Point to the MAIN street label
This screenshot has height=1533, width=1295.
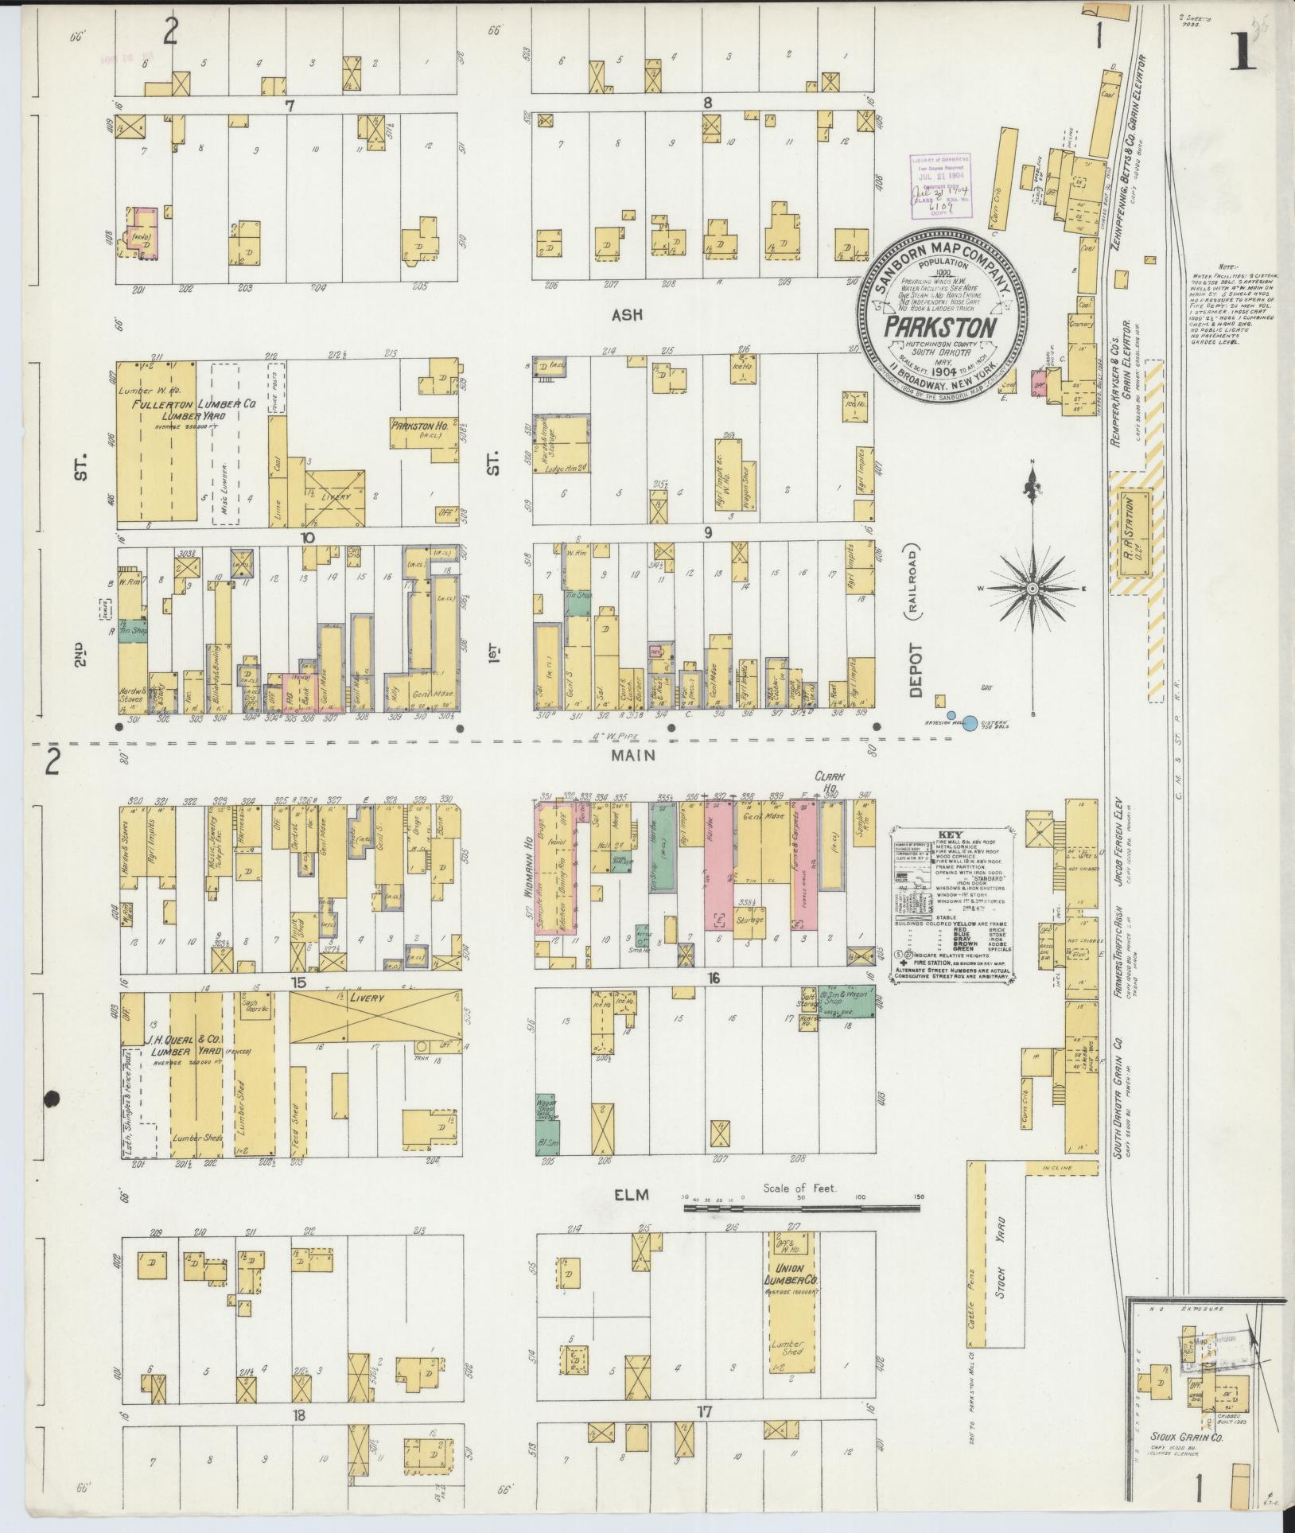[634, 755]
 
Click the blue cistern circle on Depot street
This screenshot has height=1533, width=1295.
[970, 722]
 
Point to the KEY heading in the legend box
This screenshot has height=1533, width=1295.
[951, 837]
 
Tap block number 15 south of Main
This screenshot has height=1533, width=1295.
[298, 982]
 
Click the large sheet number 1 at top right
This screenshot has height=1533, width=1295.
[1243, 56]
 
